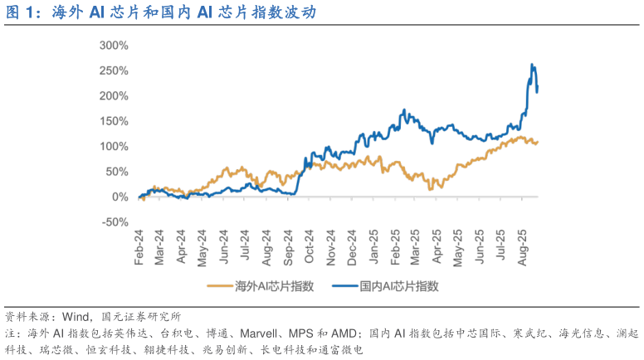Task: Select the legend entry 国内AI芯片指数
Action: pyautogui.click(x=390, y=287)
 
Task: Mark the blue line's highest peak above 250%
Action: pyautogui.click(x=532, y=65)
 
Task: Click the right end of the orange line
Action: pyautogui.click(x=538, y=142)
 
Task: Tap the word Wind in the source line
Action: pyautogui.click(x=76, y=317)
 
